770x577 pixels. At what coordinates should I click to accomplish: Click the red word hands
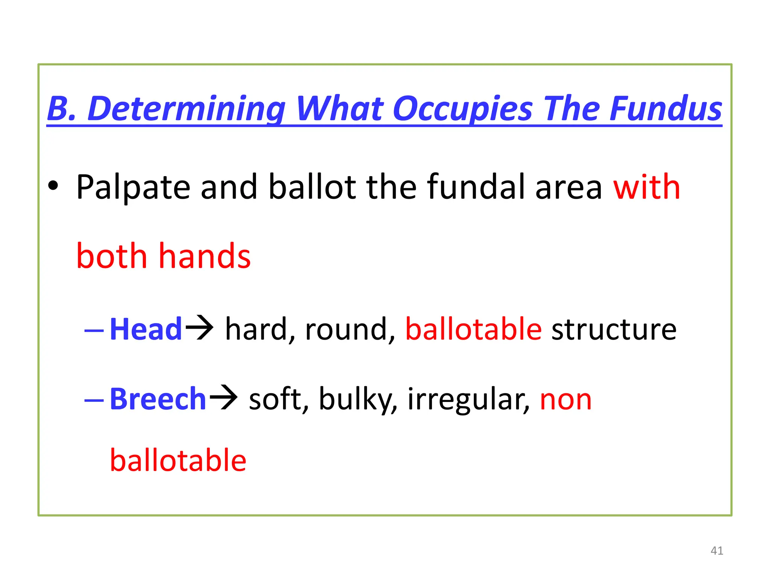(205, 256)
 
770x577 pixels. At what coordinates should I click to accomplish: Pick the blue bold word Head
(146, 329)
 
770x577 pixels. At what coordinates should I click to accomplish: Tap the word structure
(614, 329)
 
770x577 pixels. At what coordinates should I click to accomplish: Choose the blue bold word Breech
(158, 399)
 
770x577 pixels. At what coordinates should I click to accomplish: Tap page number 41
(717, 551)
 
